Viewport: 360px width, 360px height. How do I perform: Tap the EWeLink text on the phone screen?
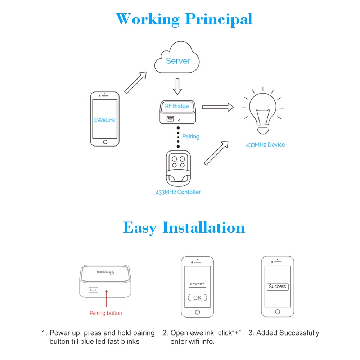pyautogui.click(x=105, y=120)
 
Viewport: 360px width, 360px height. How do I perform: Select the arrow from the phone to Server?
pyautogui.click(x=136, y=82)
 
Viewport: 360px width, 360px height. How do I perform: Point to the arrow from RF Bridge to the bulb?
pyautogui.click(x=218, y=107)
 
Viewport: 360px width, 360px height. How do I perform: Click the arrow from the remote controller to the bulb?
pyautogui.click(x=216, y=153)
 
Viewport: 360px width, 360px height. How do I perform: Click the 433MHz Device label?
pyautogui.click(x=265, y=145)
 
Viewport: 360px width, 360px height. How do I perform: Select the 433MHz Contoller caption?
pyautogui.click(x=178, y=192)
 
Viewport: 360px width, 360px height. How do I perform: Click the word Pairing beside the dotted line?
pyautogui.click(x=191, y=136)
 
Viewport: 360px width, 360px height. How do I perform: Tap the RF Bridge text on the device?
pyautogui.click(x=177, y=106)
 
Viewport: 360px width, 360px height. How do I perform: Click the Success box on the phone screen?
pyautogui.click(x=278, y=287)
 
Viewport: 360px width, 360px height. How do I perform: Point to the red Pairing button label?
pyautogui.click(x=106, y=313)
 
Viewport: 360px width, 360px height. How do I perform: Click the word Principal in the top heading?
pyautogui.click(x=219, y=19)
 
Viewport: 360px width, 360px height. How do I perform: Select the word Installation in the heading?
pyautogui.click(x=203, y=228)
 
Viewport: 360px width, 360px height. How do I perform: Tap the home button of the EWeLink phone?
pyautogui.click(x=105, y=142)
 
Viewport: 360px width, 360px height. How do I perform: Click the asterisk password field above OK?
pyautogui.click(x=197, y=284)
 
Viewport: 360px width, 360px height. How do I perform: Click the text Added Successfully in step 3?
pyautogui.click(x=288, y=333)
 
